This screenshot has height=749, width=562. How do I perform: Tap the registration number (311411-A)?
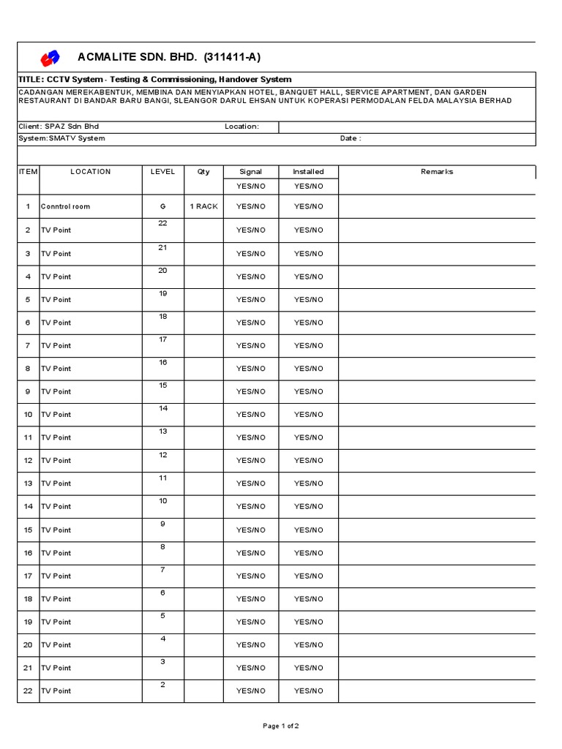coord(231,58)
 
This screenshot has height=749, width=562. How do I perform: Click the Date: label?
coord(351,138)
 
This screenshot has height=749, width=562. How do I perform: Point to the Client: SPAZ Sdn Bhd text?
coord(59,127)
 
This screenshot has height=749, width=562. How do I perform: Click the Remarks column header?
coord(437,172)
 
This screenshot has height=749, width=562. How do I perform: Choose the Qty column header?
coord(203,172)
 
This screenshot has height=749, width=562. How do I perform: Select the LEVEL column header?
coord(162,172)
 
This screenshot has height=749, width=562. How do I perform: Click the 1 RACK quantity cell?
coord(204,207)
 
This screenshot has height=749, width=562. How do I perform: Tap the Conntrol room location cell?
coord(66,207)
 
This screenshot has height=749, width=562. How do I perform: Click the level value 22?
coord(162,224)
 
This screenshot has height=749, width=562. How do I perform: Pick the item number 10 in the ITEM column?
coord(28,415)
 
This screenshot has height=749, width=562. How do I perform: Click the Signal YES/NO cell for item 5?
coord(250,300)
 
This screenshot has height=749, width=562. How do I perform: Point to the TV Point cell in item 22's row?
coord(56,691)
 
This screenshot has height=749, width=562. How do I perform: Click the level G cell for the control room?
coord(162,207)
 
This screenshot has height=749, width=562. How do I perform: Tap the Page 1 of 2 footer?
coord(281,726)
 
